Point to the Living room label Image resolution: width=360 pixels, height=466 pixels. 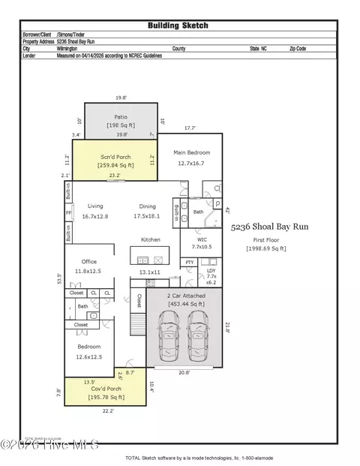pos(95,206)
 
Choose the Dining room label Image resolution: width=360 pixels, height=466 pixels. pos(148,206)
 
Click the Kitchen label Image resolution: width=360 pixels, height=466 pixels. pos(151,239)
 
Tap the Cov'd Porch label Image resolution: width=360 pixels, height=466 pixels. pos(106,391)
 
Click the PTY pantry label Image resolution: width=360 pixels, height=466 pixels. pos(190,262)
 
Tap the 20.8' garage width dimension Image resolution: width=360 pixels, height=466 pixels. pos(183,373)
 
